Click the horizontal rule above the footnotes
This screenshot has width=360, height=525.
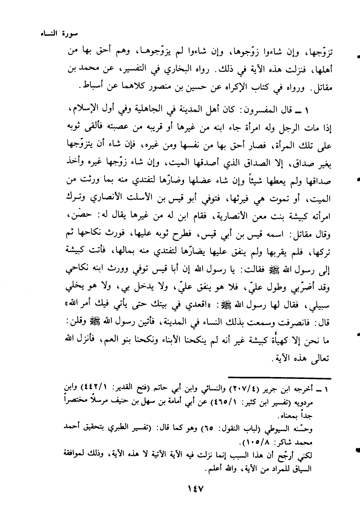[279, 379]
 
